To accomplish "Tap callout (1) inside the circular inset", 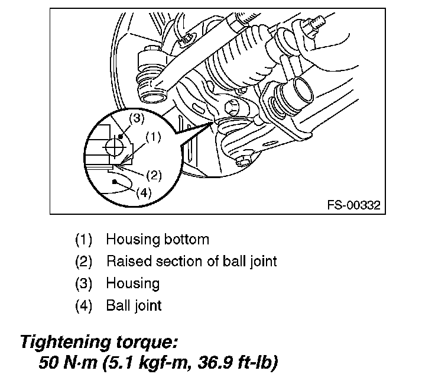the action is (152, 137).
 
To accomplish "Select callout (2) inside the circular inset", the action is (153, 176).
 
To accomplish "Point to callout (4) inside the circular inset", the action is (144, 192).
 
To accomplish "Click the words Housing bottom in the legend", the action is (157, 240).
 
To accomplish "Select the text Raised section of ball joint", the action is (191, 261).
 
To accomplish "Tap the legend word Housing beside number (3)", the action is (132, 283).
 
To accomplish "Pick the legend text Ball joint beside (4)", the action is (134, 305).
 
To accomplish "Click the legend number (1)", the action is (85, 240).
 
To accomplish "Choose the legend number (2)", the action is (85, 261).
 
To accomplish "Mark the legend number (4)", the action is (85, 305).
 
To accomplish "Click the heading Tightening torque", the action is (98, 341).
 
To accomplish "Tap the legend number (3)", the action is (85, 283).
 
